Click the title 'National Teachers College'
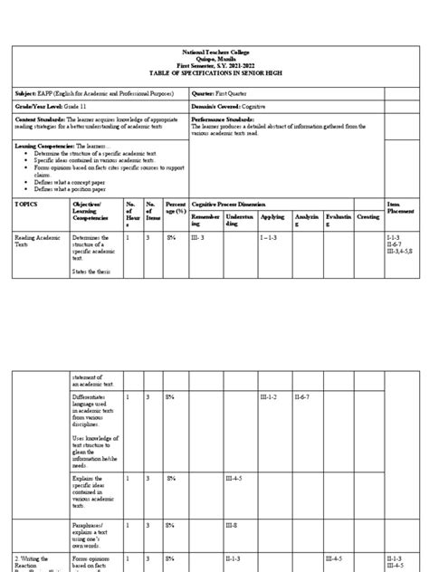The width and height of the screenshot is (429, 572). pyautogui.click(x=214, y=52)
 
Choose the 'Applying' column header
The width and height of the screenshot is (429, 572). pyautogui.click(x=272, y=218)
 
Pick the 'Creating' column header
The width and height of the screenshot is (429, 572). pyautogui.click(x=368, y=218)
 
